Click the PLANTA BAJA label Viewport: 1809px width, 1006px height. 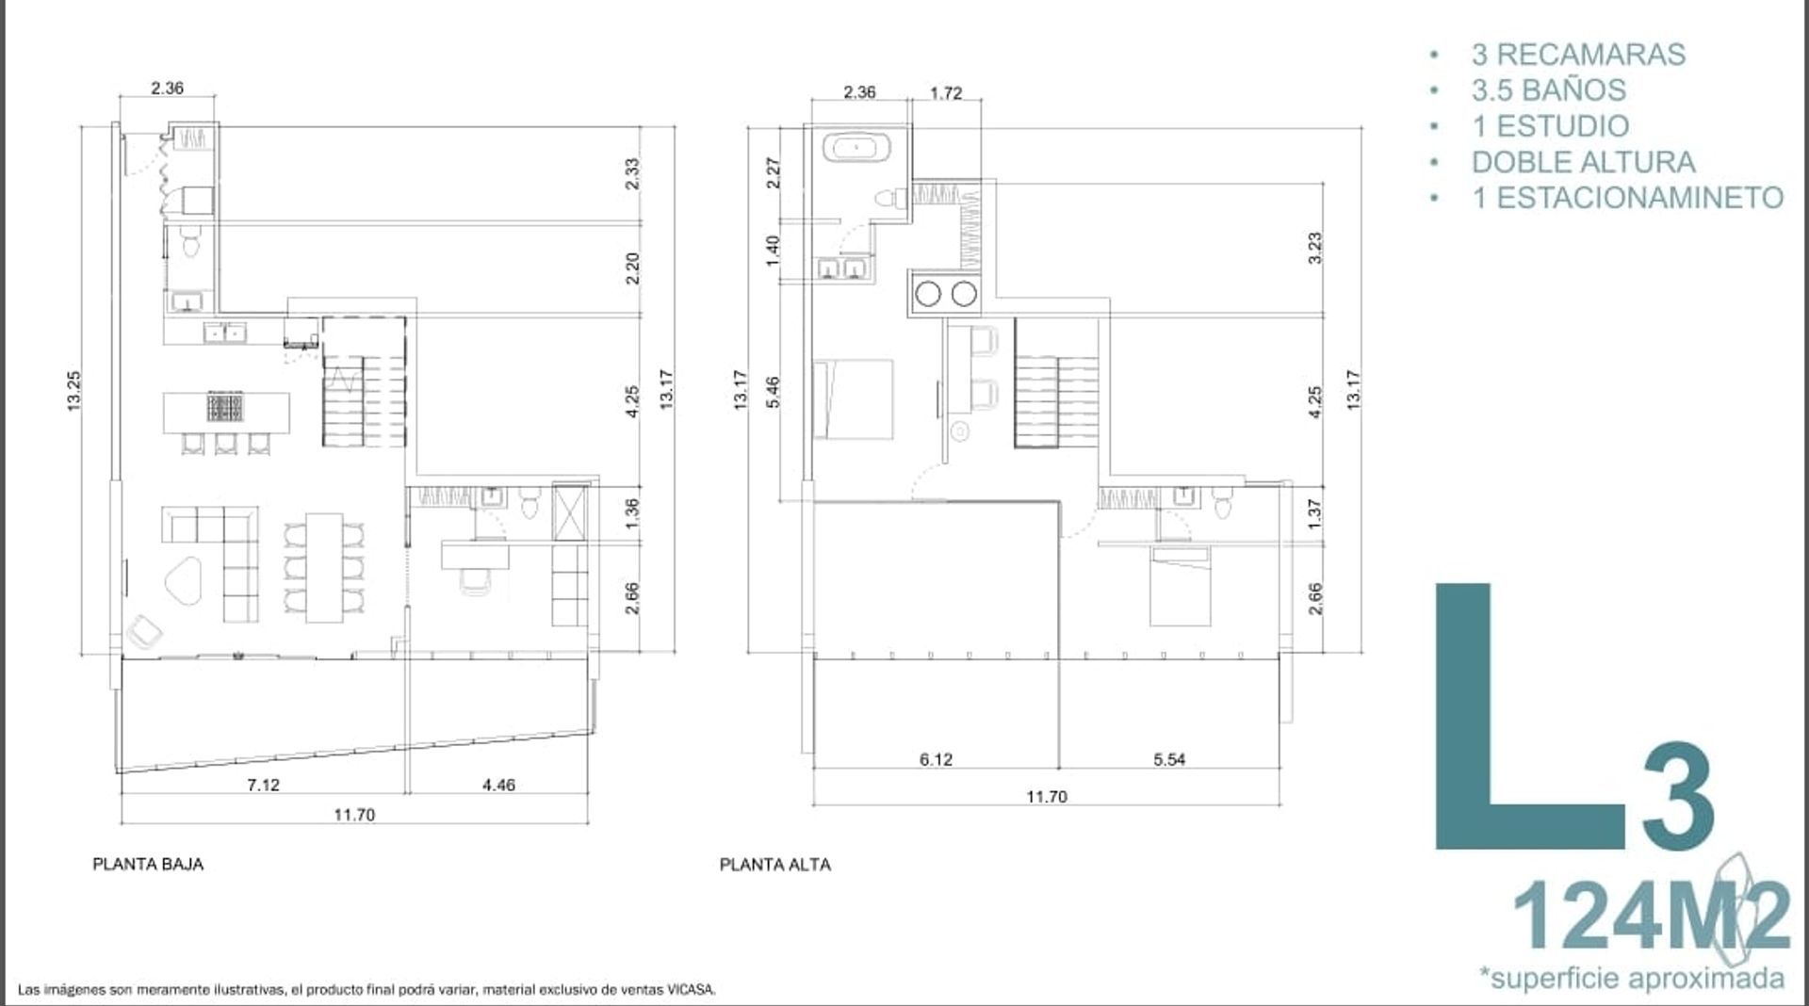click(x=148, y=864)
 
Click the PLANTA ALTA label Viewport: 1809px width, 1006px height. click(x=775, y=865)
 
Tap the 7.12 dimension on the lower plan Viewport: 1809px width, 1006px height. click(x=263, y=785)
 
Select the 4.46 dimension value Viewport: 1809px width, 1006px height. click(x=498, y=785)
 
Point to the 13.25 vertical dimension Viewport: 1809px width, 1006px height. click(x=74, y=390)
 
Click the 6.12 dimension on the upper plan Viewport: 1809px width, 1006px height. click(x=936, y=759)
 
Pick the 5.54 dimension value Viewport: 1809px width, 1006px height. click(x=1169, y=759)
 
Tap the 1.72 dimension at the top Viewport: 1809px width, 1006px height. click(x=946, y=93)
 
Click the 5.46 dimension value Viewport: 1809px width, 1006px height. click(x=772, y=392)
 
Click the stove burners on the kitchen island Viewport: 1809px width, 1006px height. click(x=225, y=408)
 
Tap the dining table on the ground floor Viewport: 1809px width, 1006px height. click(x=324, y=567)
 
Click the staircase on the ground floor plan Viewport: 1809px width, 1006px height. click(x=365, y=382)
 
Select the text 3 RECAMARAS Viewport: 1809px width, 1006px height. click(x=1578, y=55)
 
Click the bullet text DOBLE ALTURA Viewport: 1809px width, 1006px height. click(x=1583, y=162)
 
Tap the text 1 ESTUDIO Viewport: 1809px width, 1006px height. click(x=1550, y=126)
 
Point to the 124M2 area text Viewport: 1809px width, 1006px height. click(x=1651, y=915)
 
